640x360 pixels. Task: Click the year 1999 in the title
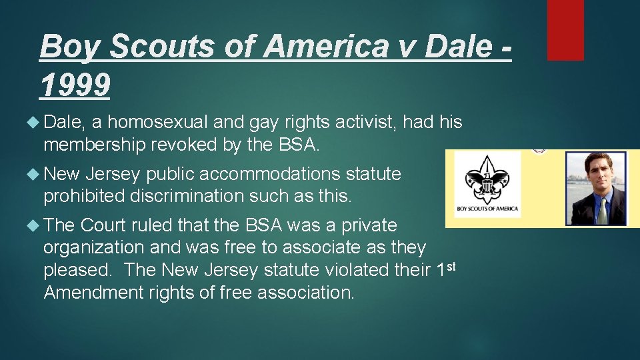[75, 85]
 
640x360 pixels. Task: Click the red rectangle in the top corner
[565, 30]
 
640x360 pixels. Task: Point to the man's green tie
[601, 210]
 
